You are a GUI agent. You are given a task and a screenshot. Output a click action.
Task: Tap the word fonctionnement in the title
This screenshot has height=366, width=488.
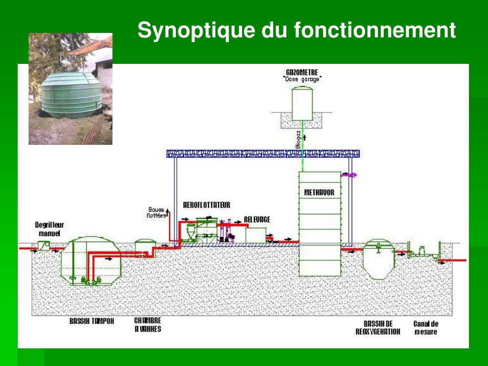(x=375, y=31)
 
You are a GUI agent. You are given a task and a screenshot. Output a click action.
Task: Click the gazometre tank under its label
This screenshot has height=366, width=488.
(x=302, y=103)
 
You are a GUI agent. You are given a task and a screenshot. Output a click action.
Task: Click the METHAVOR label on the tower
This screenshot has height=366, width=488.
(x=319, y=193)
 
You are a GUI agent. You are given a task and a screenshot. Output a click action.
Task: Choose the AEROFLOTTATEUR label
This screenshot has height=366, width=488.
(x=206, y=205)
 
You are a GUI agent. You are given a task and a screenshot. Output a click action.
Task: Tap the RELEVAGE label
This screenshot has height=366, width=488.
(x=257, y=219)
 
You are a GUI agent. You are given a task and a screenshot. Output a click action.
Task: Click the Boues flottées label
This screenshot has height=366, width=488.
(x=156, y=213)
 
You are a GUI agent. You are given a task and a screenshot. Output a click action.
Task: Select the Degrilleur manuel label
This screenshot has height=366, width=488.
(x=50, y=229)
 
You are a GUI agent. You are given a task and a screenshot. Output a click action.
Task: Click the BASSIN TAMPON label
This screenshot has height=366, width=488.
(x=91, y=321)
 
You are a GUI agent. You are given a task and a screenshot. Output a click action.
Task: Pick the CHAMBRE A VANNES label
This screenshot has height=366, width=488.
(x=147, y=325)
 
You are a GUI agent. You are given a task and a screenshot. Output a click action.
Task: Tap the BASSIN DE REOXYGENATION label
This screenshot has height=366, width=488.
(x=378, y=327)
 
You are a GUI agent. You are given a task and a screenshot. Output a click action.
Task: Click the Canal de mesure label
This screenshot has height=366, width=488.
(x=425, y=327)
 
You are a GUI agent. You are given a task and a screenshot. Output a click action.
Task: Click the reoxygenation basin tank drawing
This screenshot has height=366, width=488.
(x=378, y=260)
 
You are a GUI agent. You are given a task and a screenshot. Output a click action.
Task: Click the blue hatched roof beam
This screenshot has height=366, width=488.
(x=263, y=153)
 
